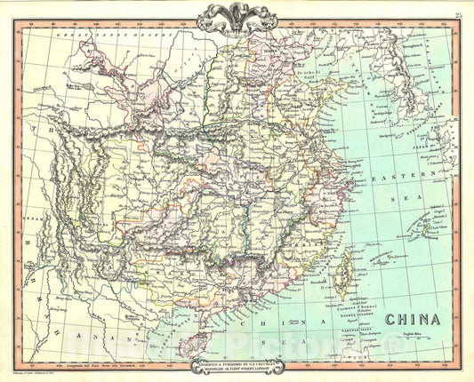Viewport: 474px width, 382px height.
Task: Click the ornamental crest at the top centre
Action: tap(236, 15)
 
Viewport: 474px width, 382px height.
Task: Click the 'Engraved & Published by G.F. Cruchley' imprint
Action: tap(236, 365)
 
